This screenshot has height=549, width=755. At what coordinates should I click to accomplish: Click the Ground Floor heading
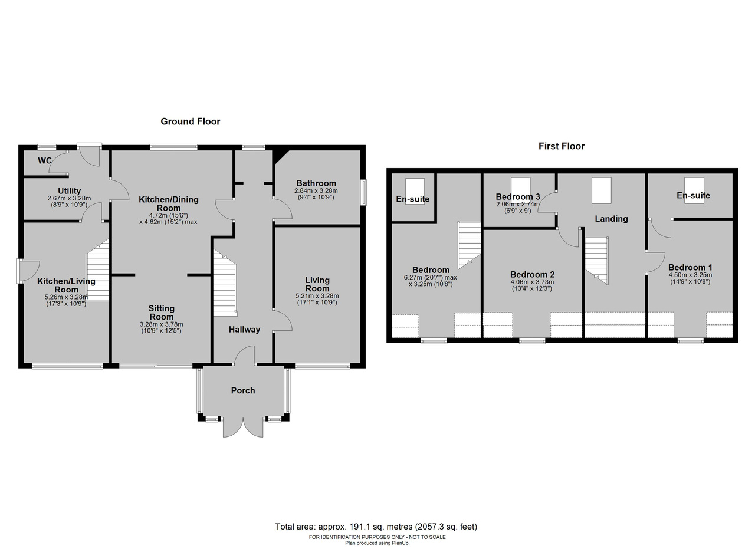[190, 121]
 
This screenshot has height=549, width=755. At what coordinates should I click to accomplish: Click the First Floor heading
[561, 146]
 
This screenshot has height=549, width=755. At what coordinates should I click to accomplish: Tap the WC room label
[44, 161]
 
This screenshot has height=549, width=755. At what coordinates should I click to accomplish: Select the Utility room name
[69, 190]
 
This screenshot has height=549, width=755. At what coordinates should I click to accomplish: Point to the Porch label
[242, 390]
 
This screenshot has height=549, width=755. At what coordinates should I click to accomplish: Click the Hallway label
[244, 329]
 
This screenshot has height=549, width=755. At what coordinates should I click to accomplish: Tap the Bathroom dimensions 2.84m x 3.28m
[316, 190]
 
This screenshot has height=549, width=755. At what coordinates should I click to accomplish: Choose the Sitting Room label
[162, 313]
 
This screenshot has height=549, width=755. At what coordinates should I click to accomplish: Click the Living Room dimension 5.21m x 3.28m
[317, 296]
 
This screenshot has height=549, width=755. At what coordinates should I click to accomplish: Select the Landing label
[611, 219]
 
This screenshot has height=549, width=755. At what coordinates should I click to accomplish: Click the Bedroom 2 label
[532, 274]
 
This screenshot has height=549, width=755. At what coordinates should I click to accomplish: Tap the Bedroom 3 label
[518, 196]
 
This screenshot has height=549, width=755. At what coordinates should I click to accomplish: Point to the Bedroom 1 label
[690, 267]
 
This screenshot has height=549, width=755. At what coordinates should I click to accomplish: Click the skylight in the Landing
[601, 190]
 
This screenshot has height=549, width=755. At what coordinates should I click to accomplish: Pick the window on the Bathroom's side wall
[364, 192]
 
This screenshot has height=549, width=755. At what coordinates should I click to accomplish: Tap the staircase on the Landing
[596, 261]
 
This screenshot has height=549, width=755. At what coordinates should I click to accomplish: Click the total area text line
[376, 527]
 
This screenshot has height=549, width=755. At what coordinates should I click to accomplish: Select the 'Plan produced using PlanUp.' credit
[377, 543]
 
